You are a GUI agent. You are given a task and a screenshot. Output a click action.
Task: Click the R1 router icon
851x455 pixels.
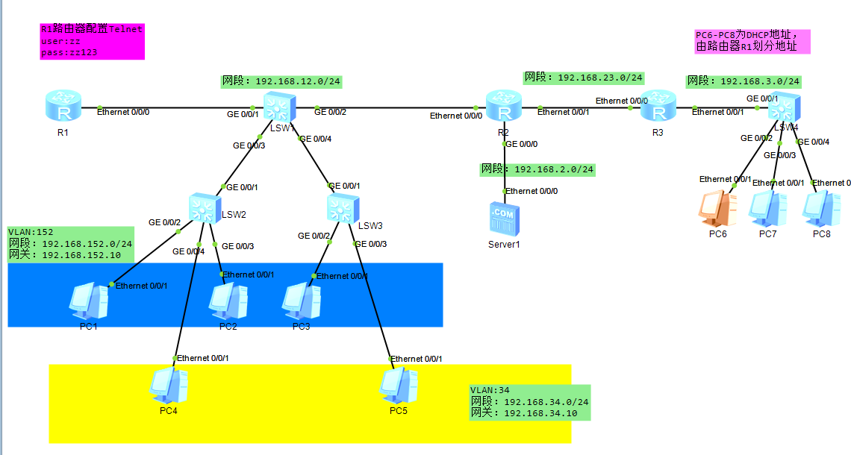pyautogui.click(x=62, y=107)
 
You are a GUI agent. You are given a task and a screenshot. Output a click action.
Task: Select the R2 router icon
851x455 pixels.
pyautogui.click(x=504, y=107)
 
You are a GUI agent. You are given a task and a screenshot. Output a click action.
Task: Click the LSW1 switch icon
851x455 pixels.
pyautogui.click(x=279, y=107)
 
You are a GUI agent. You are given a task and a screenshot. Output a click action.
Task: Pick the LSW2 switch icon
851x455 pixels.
pyautogui.click(x=203, y=207)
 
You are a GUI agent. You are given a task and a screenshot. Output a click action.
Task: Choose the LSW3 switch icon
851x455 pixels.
pyautogui.click(x=343, y=209)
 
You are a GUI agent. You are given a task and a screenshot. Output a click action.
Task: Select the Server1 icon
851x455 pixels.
pyautogui.click(x=504, y=217)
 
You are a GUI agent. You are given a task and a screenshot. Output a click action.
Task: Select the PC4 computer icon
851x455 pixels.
pyautogui.click(x=167, y=386)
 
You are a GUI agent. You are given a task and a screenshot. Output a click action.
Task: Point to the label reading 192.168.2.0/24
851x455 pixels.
pyautogui.click(x=537, y=169)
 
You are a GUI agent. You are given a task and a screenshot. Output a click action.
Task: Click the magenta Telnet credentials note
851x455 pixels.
pyautogui.click(x=92, y=42)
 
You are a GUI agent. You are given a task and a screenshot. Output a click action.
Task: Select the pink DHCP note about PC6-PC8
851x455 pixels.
pyautogui.click(x=752, y=41)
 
